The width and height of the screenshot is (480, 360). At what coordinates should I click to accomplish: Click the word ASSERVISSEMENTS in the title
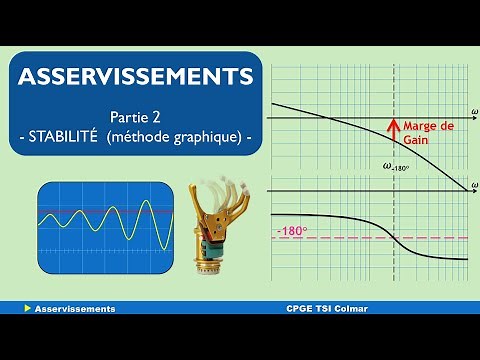pyautogui.click(x=136, y=76)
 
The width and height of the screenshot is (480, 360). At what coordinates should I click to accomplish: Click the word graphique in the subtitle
pyautogui.click(x=208, y=137)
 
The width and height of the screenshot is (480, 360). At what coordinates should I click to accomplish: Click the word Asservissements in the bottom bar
pyautogui.click(x=74, y=309)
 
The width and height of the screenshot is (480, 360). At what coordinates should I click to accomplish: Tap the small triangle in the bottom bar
pyautogui.click(x=26, y=309)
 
